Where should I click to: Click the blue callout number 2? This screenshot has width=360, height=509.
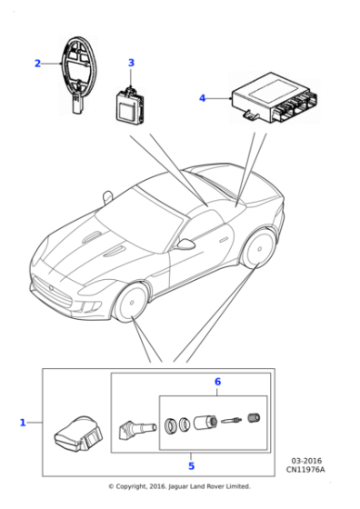tap(37, 64)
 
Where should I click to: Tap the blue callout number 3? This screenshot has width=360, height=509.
tap(130, 63)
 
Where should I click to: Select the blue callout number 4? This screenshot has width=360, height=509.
tap(202, 97)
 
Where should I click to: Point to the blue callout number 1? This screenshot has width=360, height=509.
tap(23, 423)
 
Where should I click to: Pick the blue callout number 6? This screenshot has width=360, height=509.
tap(216, 382)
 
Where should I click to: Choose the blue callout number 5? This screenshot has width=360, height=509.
tap(191, 466)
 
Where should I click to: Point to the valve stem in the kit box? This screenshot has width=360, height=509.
tap(129, 426)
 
